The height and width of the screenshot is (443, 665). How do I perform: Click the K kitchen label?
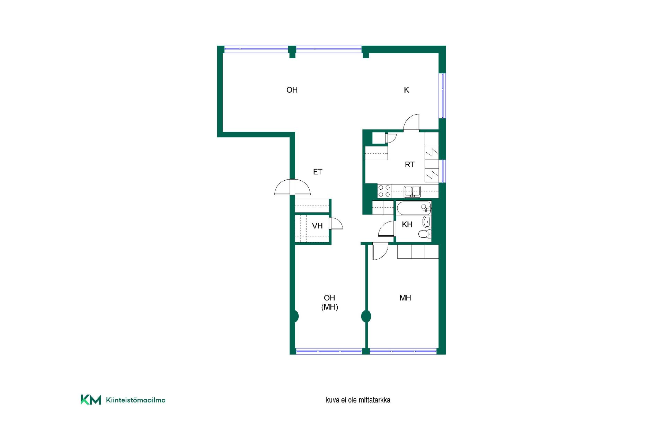click(x=407, y=90)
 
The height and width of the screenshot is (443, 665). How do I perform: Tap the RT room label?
click(x=410, y=165)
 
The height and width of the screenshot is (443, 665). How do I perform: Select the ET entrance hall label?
click(x=318, y=172)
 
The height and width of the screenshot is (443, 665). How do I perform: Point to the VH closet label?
click(x=317, y=226)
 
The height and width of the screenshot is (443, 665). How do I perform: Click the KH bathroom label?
click(x=407, y=225)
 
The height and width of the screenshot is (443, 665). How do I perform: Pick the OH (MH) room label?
click(x=329, y=302)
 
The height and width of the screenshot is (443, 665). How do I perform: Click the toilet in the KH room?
click(x=425, y=234)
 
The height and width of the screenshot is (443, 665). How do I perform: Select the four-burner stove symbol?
click(x=384, y=191)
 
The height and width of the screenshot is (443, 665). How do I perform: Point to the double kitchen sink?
click(x=412, y=191)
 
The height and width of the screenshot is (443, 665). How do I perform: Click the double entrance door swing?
click(x=292, y=187)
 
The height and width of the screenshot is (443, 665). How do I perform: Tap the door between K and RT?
click(x=411, y=123)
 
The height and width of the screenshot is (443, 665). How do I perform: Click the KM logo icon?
click(x=91, y=399)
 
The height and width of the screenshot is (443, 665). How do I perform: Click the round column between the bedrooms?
click(x=366, y=316)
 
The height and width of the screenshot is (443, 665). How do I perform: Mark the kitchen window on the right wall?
click(x=442, y=96)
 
